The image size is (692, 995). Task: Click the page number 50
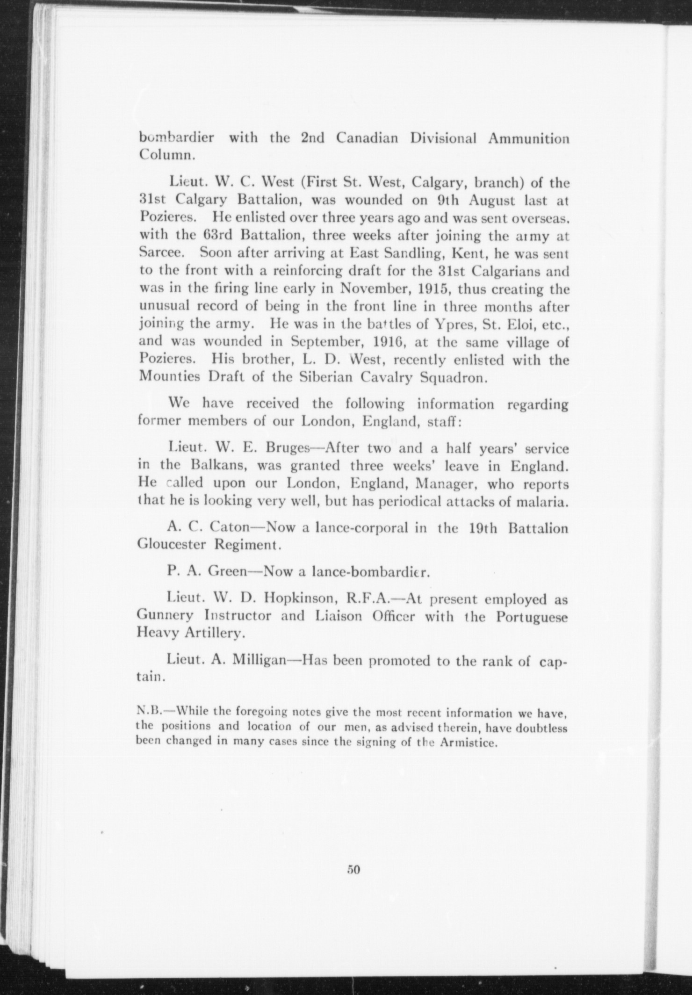coord(353,870)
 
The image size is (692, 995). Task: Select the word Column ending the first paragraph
coord(164,156)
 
